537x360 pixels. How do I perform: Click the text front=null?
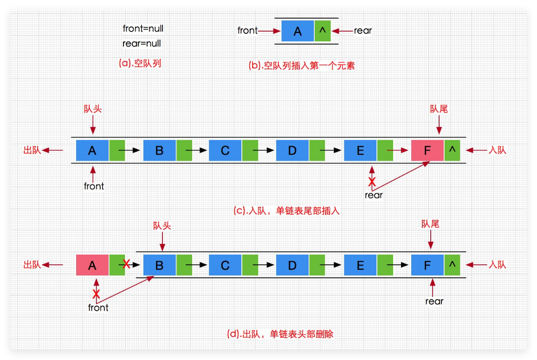click(x=143, y=28)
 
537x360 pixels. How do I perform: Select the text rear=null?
click(x=142, y=44)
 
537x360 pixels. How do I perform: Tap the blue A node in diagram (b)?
click(x=298, y=32)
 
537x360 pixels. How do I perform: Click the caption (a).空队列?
click(x=140, y=64)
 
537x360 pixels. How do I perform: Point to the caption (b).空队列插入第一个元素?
click(x=302, y=65)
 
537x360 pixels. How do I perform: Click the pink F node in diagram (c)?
click(x=427, y=151)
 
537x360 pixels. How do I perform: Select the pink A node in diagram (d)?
click(x=92, y=266)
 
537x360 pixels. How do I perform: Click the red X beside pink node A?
click(x=126, y=264)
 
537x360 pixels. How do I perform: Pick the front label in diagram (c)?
click(x=94, y=186)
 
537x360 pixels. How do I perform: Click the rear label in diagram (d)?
click(x=434, y=301)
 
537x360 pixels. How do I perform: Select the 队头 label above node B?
click(x=162, y=226)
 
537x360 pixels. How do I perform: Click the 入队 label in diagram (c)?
click(x=498, y=150)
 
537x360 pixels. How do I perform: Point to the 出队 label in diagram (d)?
click(x=32, y=265)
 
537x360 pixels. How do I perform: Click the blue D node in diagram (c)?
click(x=292, y=151)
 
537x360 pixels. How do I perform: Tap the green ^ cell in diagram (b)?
click(x=323, y=32)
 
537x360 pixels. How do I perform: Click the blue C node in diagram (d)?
click(x=225, y=266)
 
